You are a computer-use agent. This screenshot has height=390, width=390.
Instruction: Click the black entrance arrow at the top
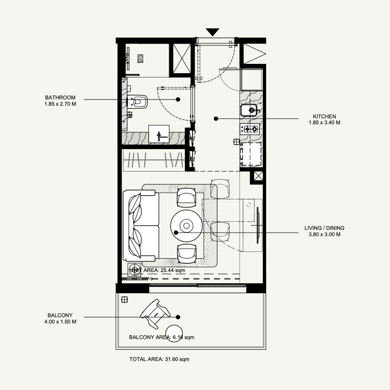pos(212,32)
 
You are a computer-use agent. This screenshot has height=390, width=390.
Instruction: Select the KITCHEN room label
pos(324,117)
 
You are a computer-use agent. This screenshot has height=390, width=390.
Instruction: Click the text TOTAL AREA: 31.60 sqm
pos(159,359)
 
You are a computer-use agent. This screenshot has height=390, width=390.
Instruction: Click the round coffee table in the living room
pos(186,226)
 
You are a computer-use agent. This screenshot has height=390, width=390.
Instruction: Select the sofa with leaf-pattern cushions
pos(141,226)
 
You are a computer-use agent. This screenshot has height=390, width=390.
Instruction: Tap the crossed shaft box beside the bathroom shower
pos(180,58)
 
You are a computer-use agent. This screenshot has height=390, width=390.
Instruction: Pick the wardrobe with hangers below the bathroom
pos(154,160)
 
